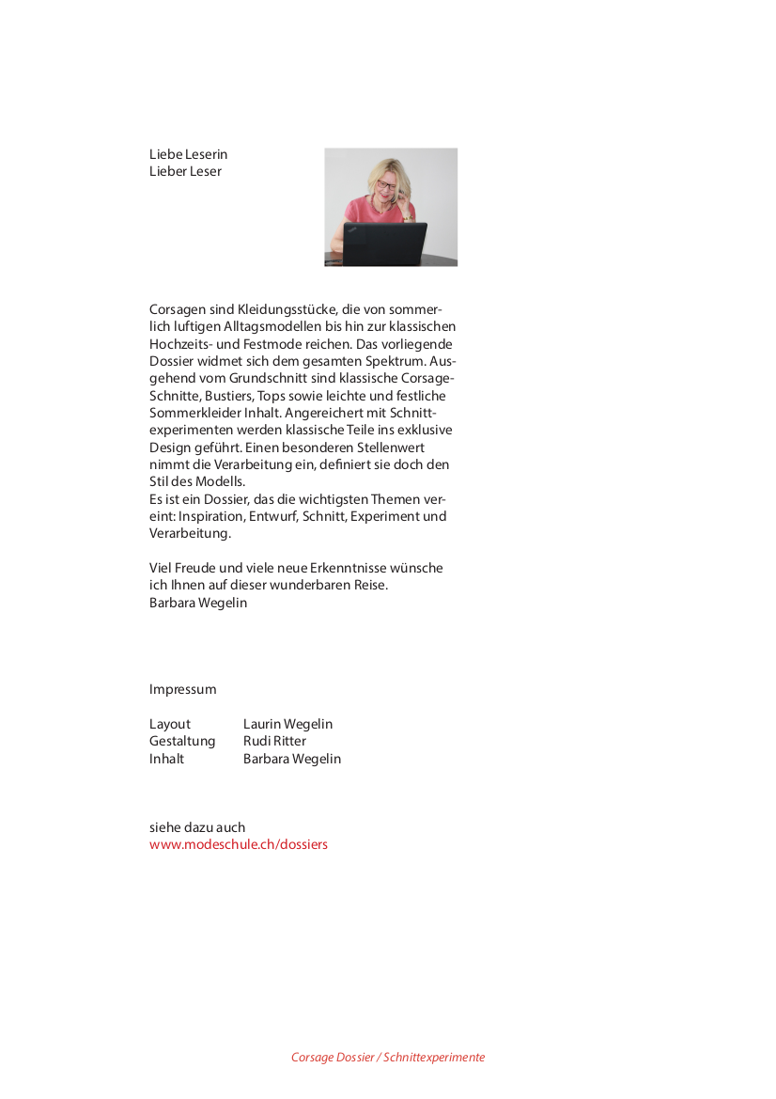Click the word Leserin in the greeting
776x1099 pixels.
point(206,154)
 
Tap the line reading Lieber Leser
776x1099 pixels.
point(185,171)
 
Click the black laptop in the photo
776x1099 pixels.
point(384,244)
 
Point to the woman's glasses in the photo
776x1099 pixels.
point(387,186)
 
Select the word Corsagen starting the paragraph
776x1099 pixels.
point(177,309)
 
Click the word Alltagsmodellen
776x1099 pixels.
point(270,326)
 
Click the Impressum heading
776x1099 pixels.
point(182,689)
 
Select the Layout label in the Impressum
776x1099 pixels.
point(169,724)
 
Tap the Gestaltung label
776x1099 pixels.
point(182,741)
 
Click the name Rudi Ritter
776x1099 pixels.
point(274,741)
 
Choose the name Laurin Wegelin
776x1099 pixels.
point(287,724)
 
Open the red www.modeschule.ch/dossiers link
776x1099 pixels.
point(239,844)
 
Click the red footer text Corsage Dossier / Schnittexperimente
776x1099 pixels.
point(388,1058)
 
